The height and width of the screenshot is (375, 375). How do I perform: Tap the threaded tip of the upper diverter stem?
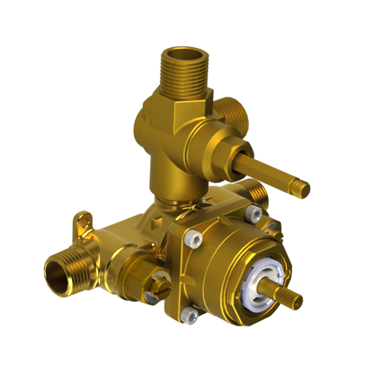302,188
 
